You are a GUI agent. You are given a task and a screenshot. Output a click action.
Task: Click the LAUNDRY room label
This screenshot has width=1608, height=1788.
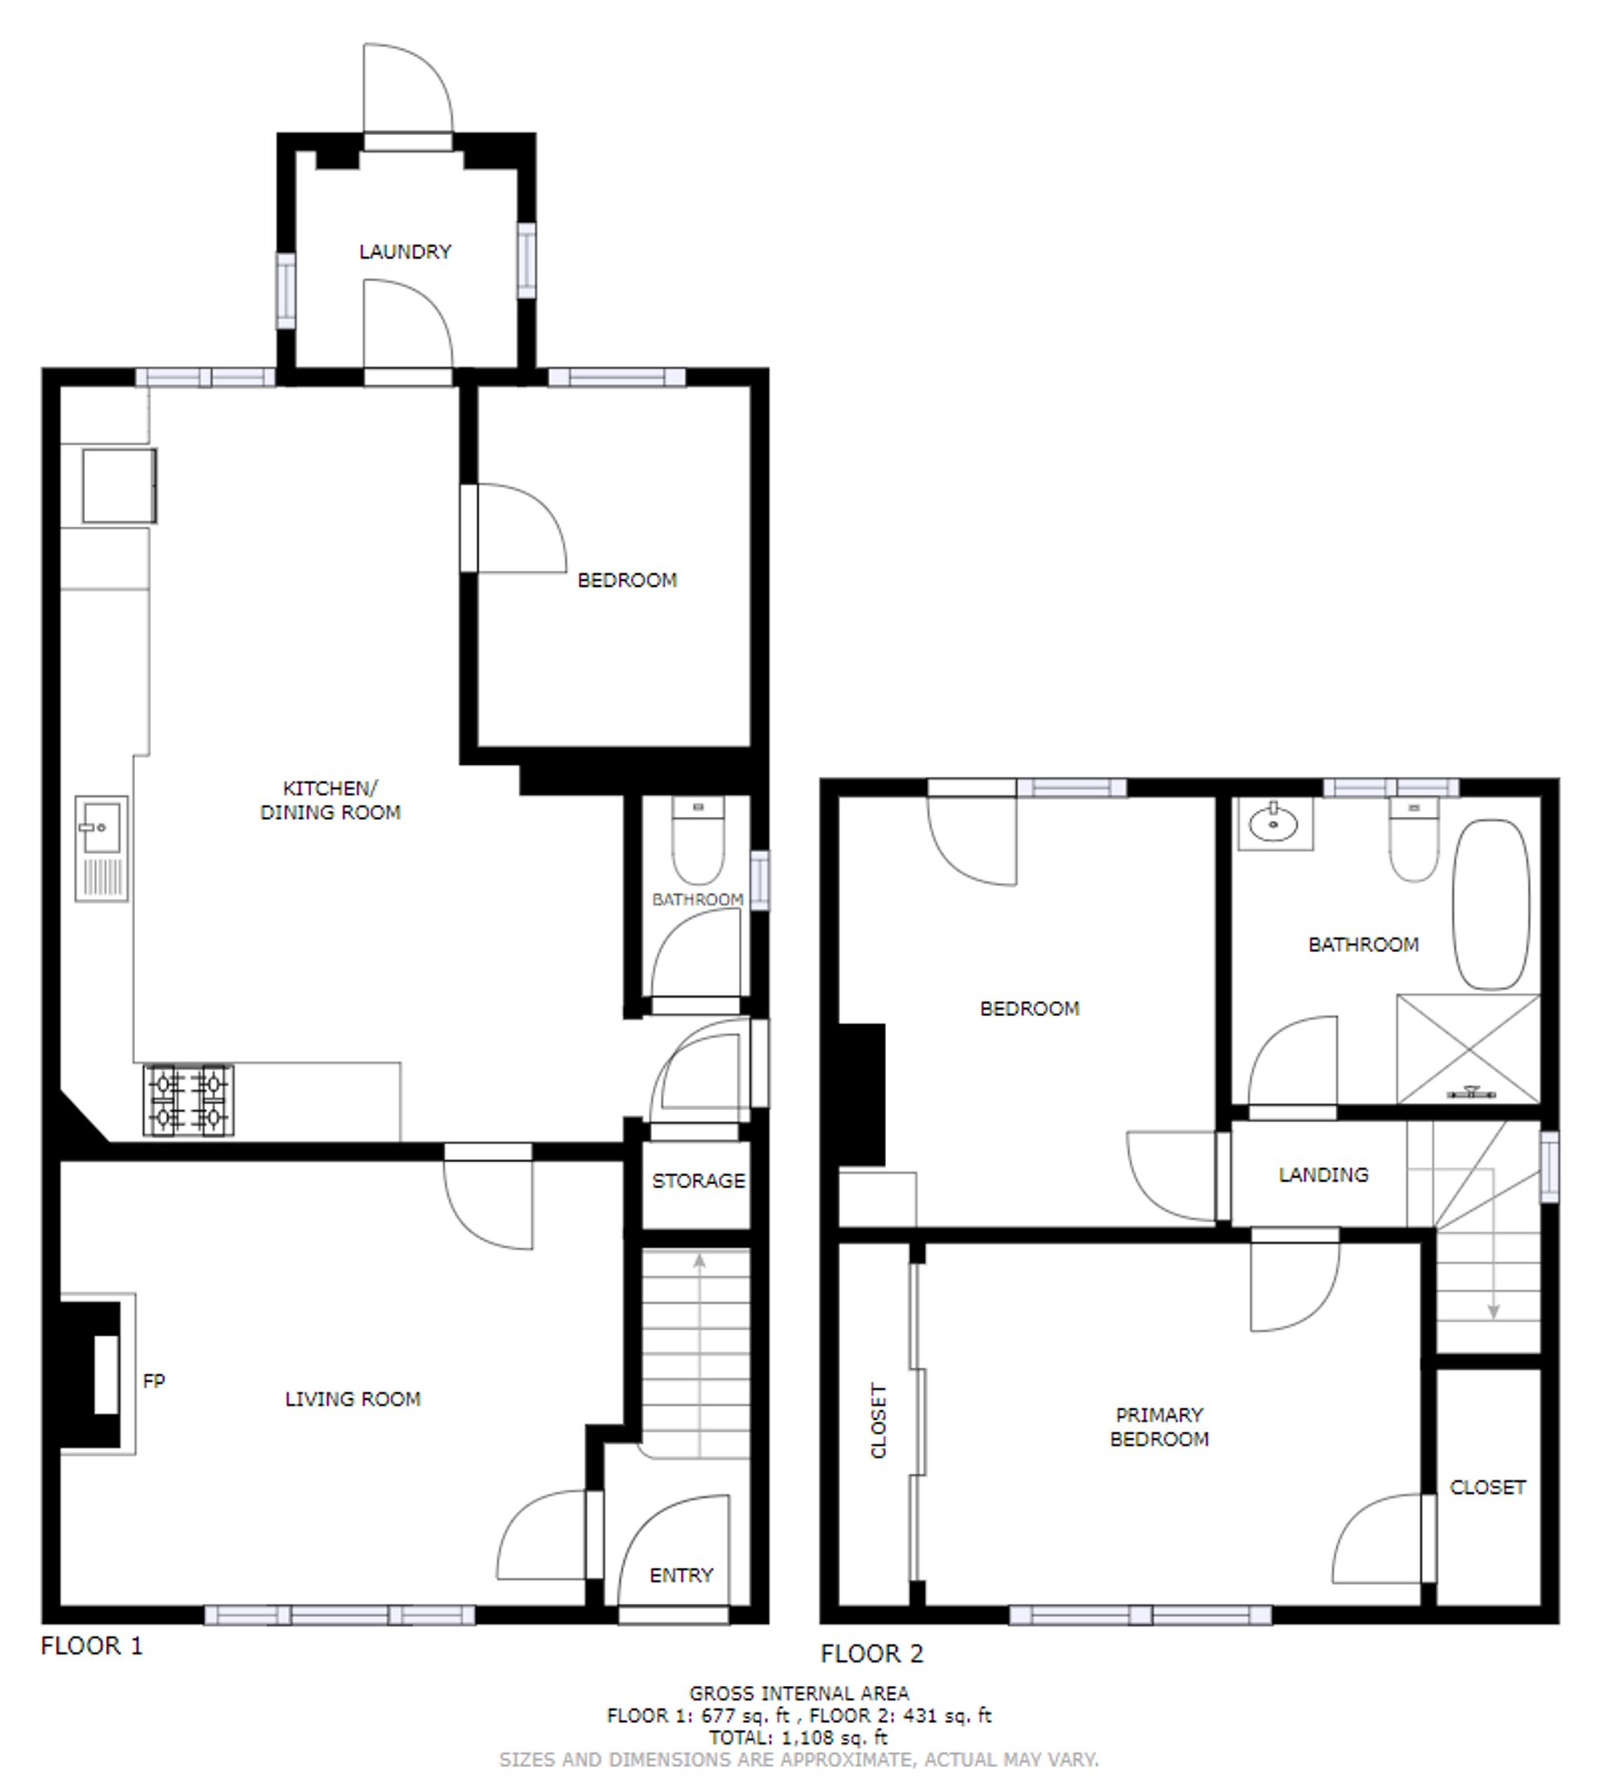coord(405,252)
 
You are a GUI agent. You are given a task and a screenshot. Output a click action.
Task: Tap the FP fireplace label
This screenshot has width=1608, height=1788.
coord(154,1380)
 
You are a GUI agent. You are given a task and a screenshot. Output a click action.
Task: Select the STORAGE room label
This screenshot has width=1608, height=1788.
coord(698,1181)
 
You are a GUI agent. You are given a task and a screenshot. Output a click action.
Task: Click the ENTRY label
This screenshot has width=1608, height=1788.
coord(680,1575)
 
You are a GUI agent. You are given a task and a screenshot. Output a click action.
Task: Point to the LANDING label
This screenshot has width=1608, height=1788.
coord(1323,1175)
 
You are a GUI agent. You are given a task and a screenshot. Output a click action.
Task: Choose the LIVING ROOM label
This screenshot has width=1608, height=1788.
coord(352,1398)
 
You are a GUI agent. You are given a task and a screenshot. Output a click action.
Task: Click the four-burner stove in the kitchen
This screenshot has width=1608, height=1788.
coord(188,1100)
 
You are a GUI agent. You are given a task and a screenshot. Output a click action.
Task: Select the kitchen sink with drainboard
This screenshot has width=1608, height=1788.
coord(101,848)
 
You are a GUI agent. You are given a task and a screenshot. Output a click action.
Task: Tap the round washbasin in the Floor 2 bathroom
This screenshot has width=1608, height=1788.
coord(1274,825)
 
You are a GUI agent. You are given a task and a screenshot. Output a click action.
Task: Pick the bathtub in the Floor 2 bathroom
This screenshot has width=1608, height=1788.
coord(1491,904)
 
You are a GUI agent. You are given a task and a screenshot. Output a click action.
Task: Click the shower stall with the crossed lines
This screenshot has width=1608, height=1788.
coord(1468,1048)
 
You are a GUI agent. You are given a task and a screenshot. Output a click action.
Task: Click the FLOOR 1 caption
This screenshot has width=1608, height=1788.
coord(92,1646)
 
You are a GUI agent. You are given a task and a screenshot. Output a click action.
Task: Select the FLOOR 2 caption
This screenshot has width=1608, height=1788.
coord(872,1654)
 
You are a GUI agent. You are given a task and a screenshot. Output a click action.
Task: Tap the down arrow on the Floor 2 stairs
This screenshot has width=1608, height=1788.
coord(1493,1311)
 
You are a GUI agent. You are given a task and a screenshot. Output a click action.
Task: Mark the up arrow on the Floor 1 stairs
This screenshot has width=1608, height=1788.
coord(699,1261)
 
